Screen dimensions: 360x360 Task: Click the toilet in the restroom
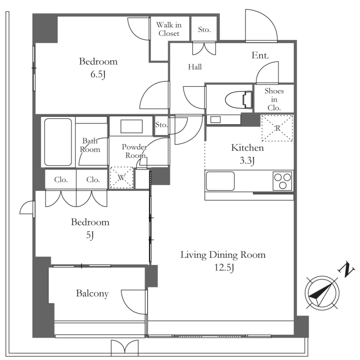(x=239, y=100)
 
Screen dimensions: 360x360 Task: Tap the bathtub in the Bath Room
(x=58, y=142)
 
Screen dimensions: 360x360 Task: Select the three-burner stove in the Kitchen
(x=283, y=181)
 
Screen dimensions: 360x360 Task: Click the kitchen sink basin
(x=220, y=181)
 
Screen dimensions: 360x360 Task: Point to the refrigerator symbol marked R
(x=277, y=128)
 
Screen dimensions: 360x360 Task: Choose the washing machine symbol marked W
(x=121, y=177)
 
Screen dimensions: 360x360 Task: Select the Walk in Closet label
(x=169, y=29)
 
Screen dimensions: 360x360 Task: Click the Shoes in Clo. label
(x=274, y=99)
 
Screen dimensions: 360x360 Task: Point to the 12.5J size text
(x=224, y=268)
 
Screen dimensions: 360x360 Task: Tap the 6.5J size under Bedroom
(x=98, y=74)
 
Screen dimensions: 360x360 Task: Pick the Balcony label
(x=92, y=294)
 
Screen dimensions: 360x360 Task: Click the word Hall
(x=195, y=67)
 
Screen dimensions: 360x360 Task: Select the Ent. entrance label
(x=260, y=55)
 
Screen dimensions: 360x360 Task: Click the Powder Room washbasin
(x=131, y=126)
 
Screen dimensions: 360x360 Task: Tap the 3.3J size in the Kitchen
(x=247, y=161)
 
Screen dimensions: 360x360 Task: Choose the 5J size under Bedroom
(x=90, y=235)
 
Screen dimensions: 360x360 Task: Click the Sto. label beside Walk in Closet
(x=204, y=29)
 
